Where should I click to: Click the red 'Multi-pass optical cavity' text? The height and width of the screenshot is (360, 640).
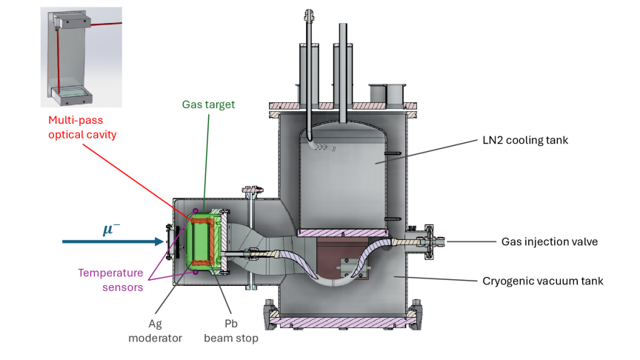(82, 127)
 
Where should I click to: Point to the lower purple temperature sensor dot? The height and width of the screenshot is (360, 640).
(195, 273)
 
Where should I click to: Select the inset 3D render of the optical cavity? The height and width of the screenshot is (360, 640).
(81, 57)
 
